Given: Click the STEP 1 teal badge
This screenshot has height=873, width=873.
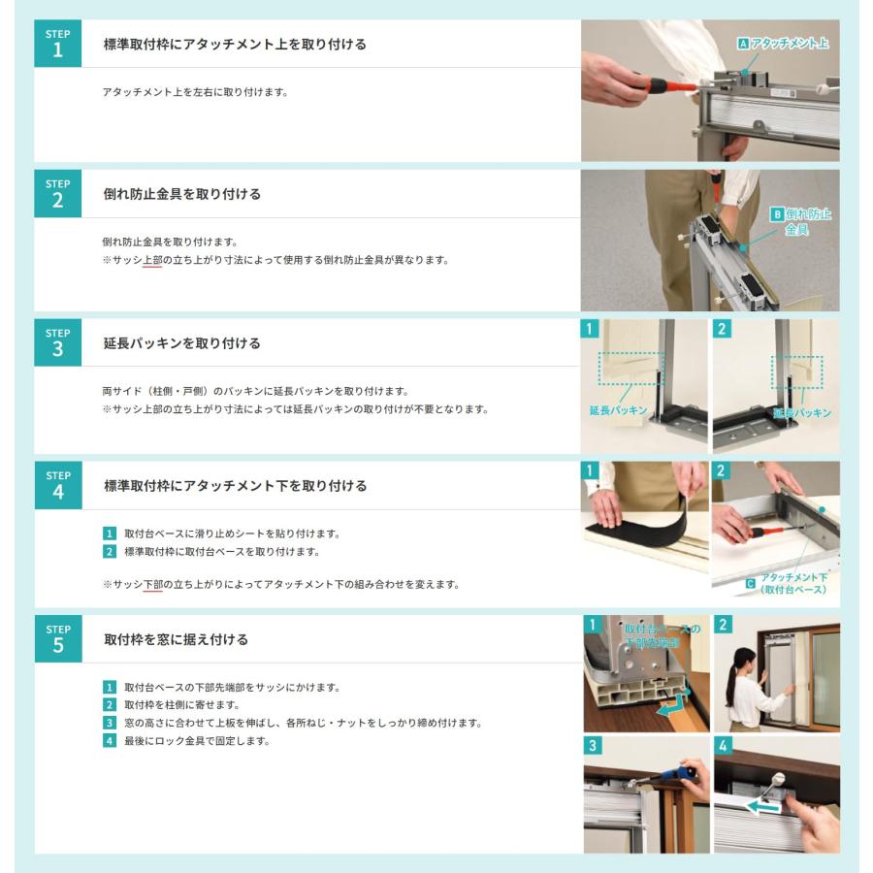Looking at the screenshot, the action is coord(58,44).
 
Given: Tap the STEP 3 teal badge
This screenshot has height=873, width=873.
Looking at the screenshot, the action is coord(58,342).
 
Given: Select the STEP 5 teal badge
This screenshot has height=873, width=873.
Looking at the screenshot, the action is coord(58,638).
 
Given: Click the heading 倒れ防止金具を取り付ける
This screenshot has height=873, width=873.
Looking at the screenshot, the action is coord(182,194).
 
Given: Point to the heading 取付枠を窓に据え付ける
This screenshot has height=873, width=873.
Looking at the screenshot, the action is coord(176,639).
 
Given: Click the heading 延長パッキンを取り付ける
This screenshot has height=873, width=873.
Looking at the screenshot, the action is coord(182,343).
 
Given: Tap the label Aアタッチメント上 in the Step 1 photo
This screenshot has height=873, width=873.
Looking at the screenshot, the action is coord(783,44).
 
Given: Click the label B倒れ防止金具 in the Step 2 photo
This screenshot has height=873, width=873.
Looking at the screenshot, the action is coord(801,221).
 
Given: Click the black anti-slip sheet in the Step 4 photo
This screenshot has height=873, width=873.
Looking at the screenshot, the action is coord(640,521).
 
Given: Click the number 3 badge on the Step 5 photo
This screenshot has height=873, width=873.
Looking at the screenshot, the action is coord(593,745).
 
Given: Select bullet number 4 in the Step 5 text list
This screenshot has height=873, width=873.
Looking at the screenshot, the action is coord(110,740).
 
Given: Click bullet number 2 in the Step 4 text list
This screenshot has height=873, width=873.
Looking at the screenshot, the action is coord(110,551).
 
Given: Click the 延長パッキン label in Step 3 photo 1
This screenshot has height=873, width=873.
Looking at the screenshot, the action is coord(618,410).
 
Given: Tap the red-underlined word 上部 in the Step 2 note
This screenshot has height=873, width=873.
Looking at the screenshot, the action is coord(152,260).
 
